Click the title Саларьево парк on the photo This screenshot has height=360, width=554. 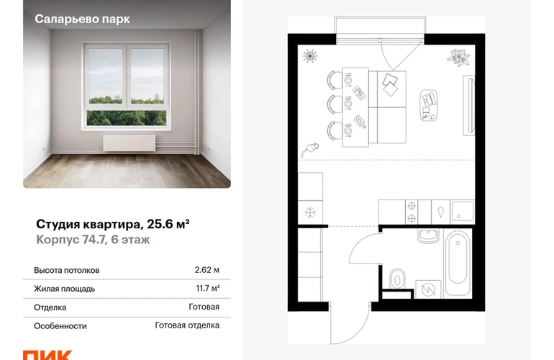pos(82,19)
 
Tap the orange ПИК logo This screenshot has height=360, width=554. pos(47,355)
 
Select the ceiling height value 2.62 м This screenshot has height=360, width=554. pos(206,270)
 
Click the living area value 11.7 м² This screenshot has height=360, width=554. pos(208,289)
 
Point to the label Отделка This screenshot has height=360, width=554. pos(50,307)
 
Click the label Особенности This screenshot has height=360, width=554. pos(60,326)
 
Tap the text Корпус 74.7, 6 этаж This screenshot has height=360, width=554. pos(93,240)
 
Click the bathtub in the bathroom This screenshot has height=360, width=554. pos(458,263)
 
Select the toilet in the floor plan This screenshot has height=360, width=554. pos(397,279)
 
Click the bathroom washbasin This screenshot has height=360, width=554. pos(428,236)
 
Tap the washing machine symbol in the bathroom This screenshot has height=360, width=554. pos(428,289)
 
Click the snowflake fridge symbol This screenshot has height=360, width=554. pos(310,212)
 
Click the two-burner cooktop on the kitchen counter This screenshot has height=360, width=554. pos(412,212)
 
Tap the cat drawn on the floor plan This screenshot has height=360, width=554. pos(309,150)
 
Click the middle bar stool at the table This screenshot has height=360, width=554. pos(333,104)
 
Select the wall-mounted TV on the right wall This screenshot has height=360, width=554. pos(469,105)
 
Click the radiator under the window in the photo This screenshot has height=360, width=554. pos(130,143)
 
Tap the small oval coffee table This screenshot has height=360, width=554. pos(429,105)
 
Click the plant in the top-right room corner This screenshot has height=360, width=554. pos(458,58)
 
